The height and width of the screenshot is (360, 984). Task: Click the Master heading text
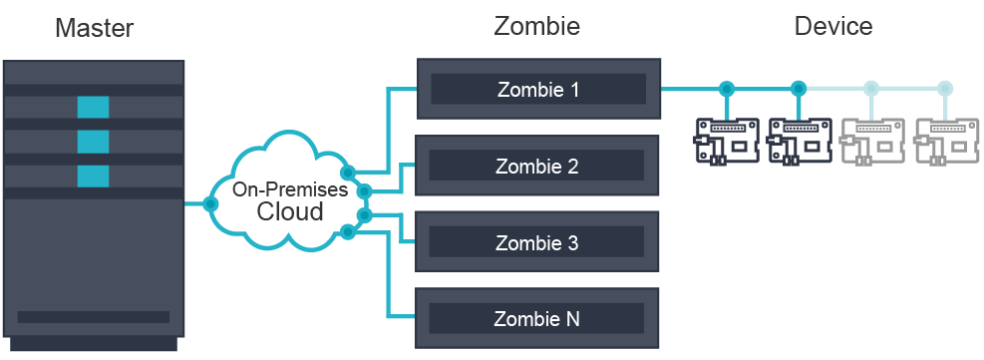point(94,27)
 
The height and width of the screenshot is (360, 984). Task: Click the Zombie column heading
point(536,26)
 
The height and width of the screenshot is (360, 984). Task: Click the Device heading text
point(833,26)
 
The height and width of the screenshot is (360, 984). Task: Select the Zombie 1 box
point(537,89)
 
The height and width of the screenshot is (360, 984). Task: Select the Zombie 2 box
point(537,166)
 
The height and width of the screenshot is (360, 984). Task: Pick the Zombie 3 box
point(537,242)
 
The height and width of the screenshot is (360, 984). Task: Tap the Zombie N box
point(537,318)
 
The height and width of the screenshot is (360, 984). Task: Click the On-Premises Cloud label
point(290,200)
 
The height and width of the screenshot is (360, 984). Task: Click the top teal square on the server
point(93,107)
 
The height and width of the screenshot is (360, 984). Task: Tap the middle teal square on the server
point(93,142)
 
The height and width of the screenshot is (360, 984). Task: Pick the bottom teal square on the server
point(93,177)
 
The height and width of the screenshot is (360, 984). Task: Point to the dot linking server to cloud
point(209,203)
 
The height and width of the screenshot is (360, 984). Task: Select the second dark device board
point(800,140)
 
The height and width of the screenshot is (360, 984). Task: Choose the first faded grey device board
point(872,140)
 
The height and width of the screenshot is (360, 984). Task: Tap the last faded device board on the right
point(945,140)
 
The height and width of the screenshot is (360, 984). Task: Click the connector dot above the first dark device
point(727,89)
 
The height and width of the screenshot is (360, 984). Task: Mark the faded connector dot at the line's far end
point(944,89)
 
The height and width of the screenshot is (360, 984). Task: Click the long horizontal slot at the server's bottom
point(93,317)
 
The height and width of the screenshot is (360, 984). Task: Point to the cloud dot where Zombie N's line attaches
point(347,232)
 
